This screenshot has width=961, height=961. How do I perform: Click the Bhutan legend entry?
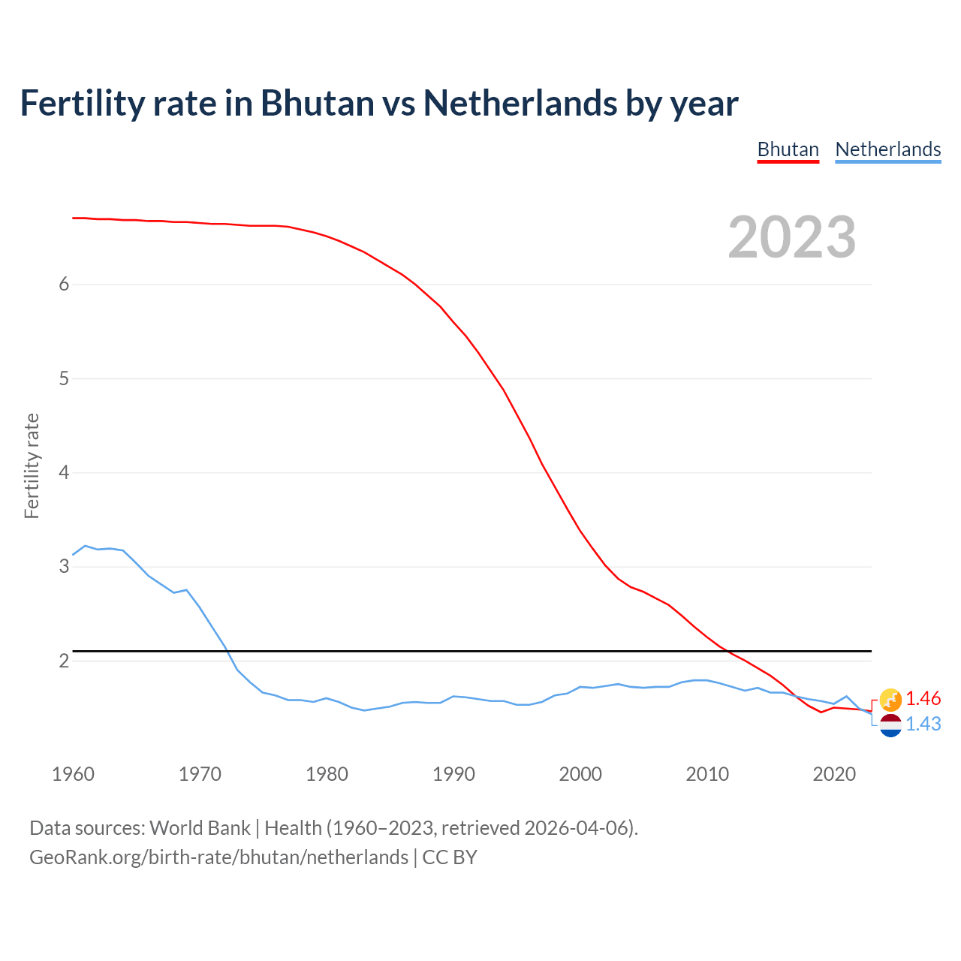point(788,149)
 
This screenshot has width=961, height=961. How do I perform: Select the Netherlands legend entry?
point(887,149)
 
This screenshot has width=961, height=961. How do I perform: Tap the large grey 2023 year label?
point(791,237)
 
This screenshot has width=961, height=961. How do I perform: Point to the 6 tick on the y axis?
point(64,285)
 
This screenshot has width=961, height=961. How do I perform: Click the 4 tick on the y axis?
point(64,473)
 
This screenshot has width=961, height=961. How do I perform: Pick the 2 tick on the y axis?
point(64,661)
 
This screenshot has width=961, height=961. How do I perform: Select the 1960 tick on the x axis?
point(73,774)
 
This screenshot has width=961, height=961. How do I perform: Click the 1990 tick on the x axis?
point(453,774)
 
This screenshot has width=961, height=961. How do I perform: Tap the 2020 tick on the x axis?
point(834,774)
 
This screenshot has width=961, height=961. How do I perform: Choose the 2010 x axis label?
point(707,774)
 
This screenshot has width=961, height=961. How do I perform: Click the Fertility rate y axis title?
point(32,465)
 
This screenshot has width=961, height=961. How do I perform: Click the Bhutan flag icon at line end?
point(890,700)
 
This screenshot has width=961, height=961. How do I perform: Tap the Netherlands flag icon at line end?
point(890,725)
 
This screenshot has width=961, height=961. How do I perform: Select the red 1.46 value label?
point(923,699)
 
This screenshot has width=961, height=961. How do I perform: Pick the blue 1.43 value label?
point(923,724)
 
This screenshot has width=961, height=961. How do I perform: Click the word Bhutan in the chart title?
point(317,103)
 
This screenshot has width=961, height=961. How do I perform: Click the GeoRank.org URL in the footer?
point(218,857)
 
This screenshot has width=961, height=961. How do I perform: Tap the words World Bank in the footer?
point(200,828)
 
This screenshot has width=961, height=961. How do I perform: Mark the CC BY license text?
point(450,857)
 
